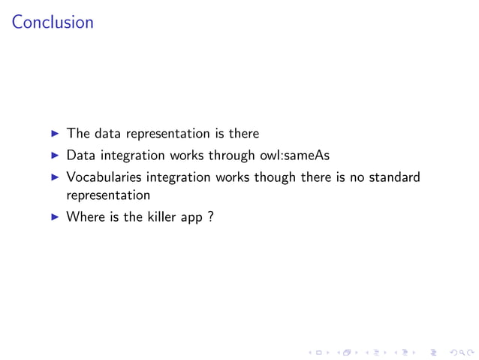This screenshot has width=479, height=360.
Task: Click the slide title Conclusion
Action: (53, 23)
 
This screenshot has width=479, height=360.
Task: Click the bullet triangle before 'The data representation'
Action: (55, 134)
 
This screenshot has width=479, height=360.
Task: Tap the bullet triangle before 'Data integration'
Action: (55, 156)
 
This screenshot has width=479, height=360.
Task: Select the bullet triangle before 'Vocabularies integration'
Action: (55, 178)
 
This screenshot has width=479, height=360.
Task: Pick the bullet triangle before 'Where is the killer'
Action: (55, 217)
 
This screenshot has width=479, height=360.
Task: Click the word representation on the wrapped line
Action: (108, 195)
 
